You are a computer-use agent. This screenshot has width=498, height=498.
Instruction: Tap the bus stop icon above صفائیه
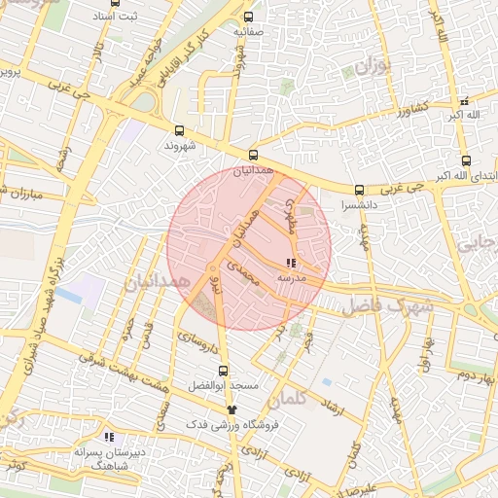(248, 17)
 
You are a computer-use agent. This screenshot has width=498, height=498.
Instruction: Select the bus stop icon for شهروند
(179, 130)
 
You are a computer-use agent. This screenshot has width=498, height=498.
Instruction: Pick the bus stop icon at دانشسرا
(359, 190)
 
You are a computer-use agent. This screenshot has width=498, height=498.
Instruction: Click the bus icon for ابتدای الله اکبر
(467, 160)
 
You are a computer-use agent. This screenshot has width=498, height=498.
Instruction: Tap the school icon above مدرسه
(292, 264)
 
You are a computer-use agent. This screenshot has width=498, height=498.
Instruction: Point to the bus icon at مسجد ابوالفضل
(223, 371)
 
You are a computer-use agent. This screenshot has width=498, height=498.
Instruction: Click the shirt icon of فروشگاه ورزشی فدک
(231, 409)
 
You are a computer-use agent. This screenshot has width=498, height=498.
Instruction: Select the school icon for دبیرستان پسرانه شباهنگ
(109, 437)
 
